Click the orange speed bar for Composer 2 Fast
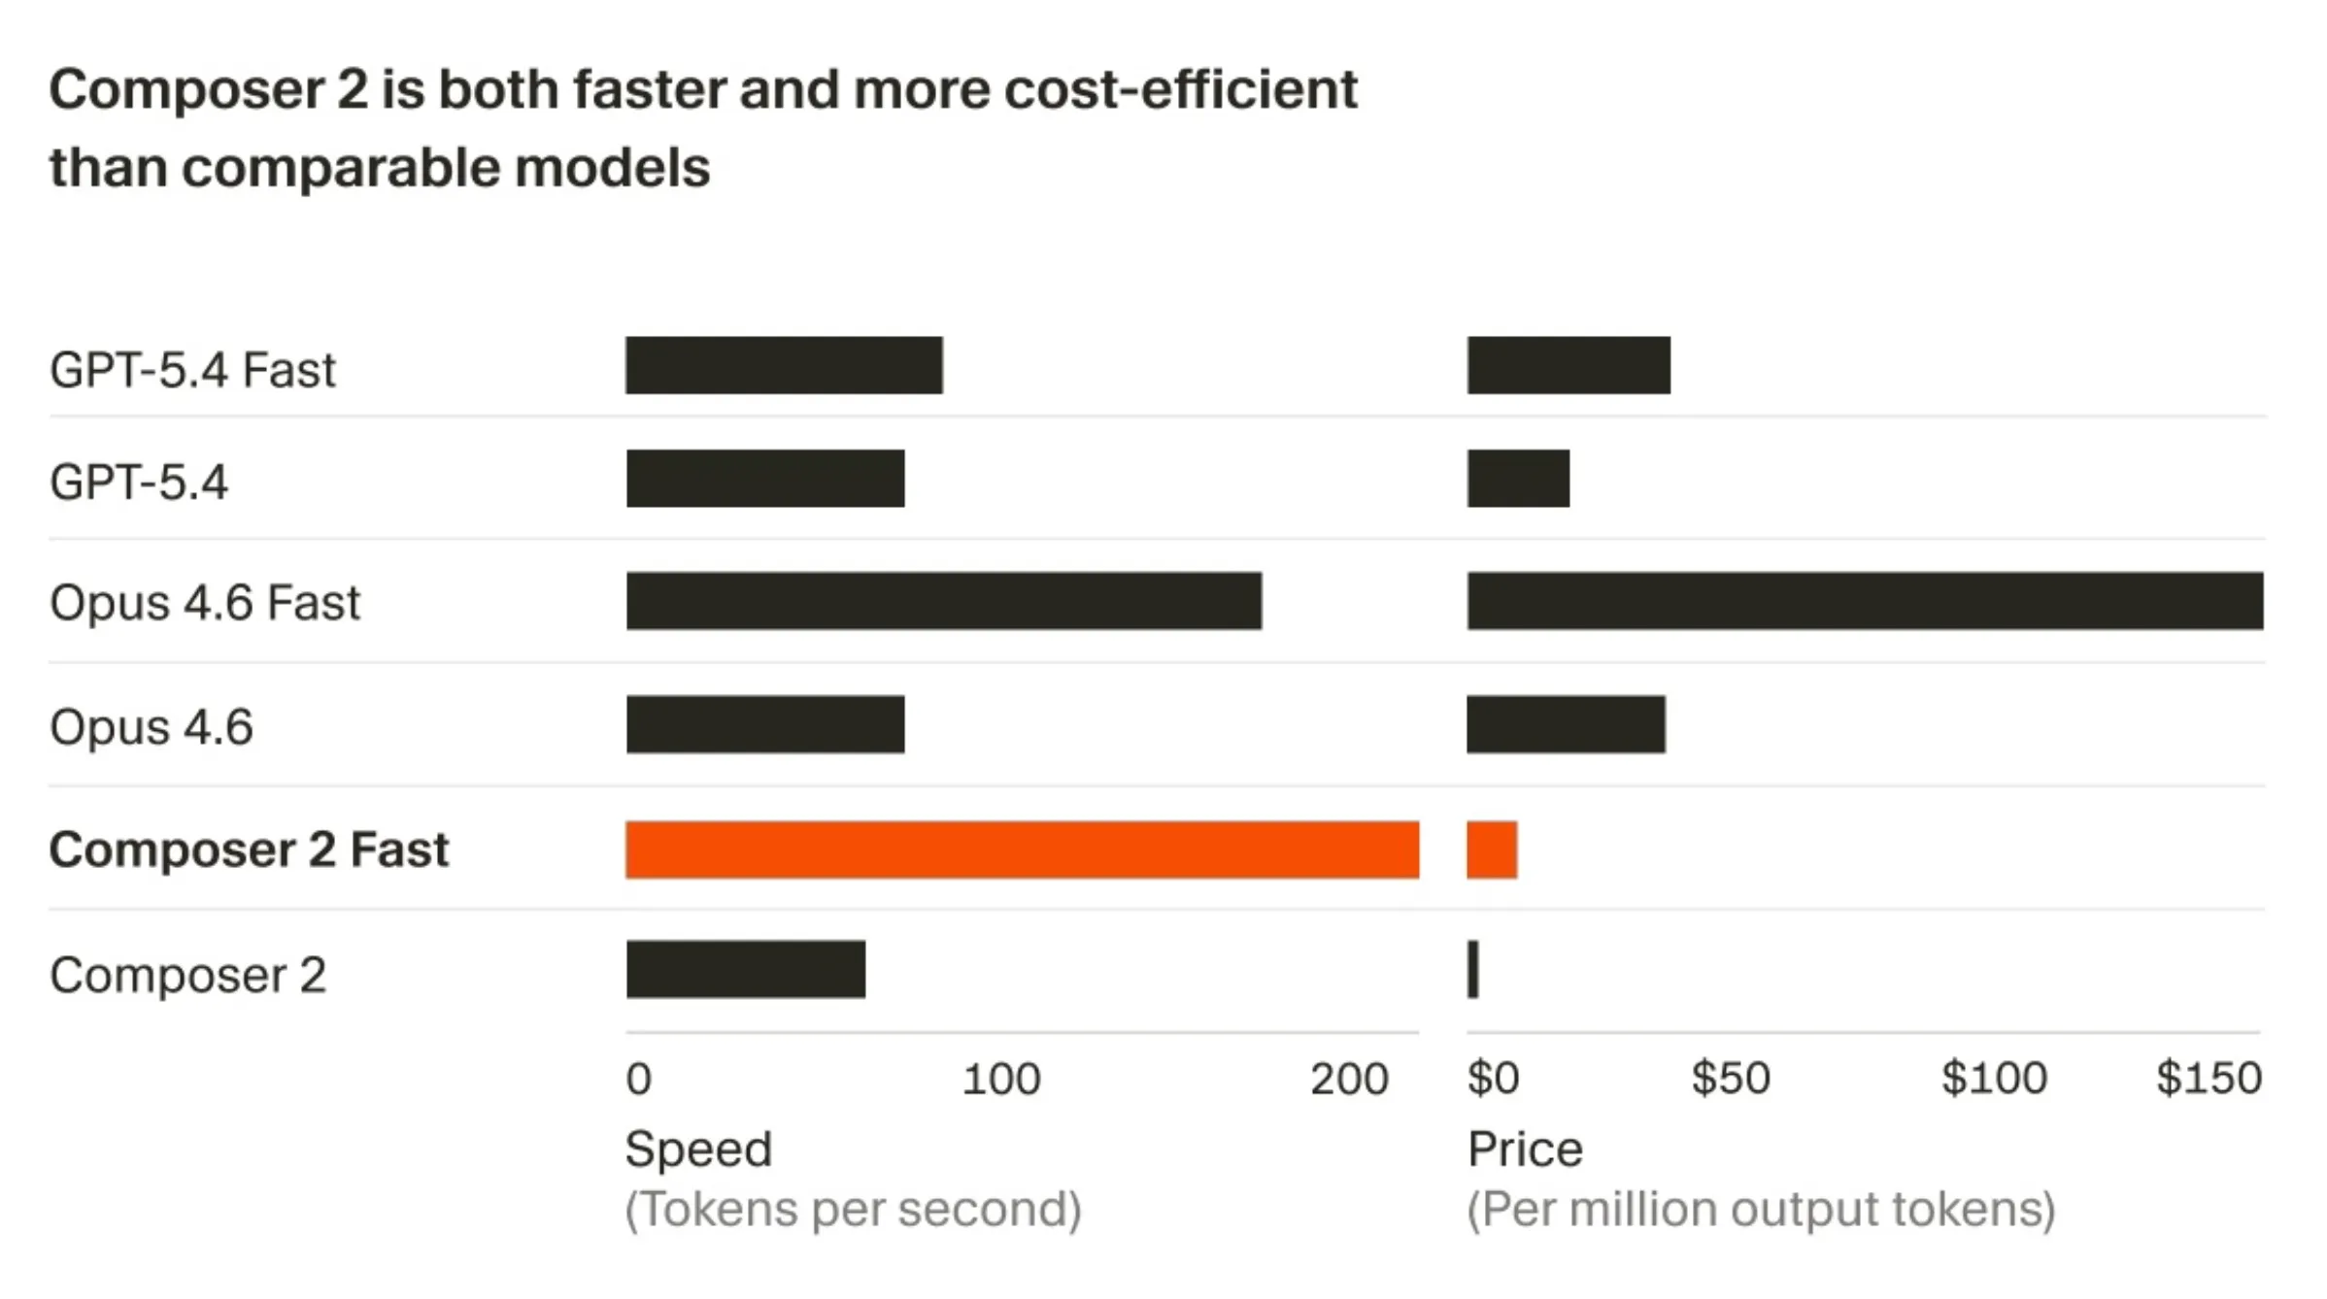click(x=1022, y=849)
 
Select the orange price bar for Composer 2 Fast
click(x=1492, y=849)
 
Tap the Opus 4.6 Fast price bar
click(x=1865, y=601)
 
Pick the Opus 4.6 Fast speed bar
click(x=944, y=601)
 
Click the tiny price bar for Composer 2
click(x=1473, y=969)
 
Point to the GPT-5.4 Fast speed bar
click(x=784, y=365)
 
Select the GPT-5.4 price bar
click(x=1518, y=478)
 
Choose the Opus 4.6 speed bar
click(x=765, y=724)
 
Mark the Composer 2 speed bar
click(x=746, y=969)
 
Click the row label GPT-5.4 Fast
click(x=192, y=370)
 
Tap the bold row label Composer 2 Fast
click(x=249, y=849)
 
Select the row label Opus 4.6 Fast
click(x=204, y=603)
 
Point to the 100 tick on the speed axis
click(x=1001, y=1079)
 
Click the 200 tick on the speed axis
click(x=1349, y=1079)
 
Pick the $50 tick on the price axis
click(x=1731, y=1079)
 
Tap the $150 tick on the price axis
click(x=2209, y=1079)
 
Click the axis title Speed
click(x=698, y=1149)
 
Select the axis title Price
click(x=1525, y=1149)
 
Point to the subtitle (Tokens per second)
click(x=853, y=1210)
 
